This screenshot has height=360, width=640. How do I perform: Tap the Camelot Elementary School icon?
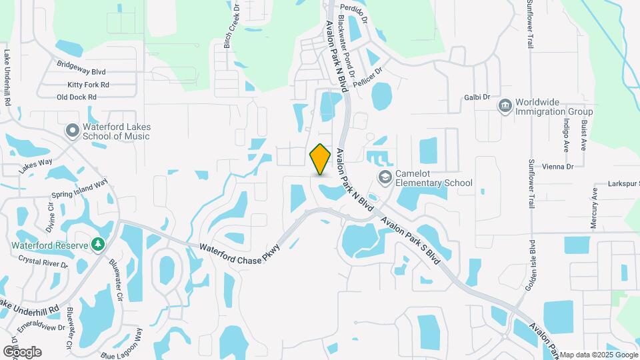tap(385, 177)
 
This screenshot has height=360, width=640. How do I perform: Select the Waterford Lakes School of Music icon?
tap(72, 131)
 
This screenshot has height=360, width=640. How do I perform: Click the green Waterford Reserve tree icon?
tap(99, 245)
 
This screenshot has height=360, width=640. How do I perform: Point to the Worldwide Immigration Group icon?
tap(505, 106)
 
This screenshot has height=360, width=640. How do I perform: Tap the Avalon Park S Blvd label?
tap(411, 239)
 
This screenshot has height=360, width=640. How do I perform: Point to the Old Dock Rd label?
tap(77, 97)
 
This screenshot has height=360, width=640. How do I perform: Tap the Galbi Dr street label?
tap(477, 97)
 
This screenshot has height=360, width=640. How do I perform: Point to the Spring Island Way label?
tap(79, 189)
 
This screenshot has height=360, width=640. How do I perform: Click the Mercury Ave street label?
tap(594, 207)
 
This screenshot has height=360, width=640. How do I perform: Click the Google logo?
tap(22, 352)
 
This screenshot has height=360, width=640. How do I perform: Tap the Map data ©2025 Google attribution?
tap(599, 355)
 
